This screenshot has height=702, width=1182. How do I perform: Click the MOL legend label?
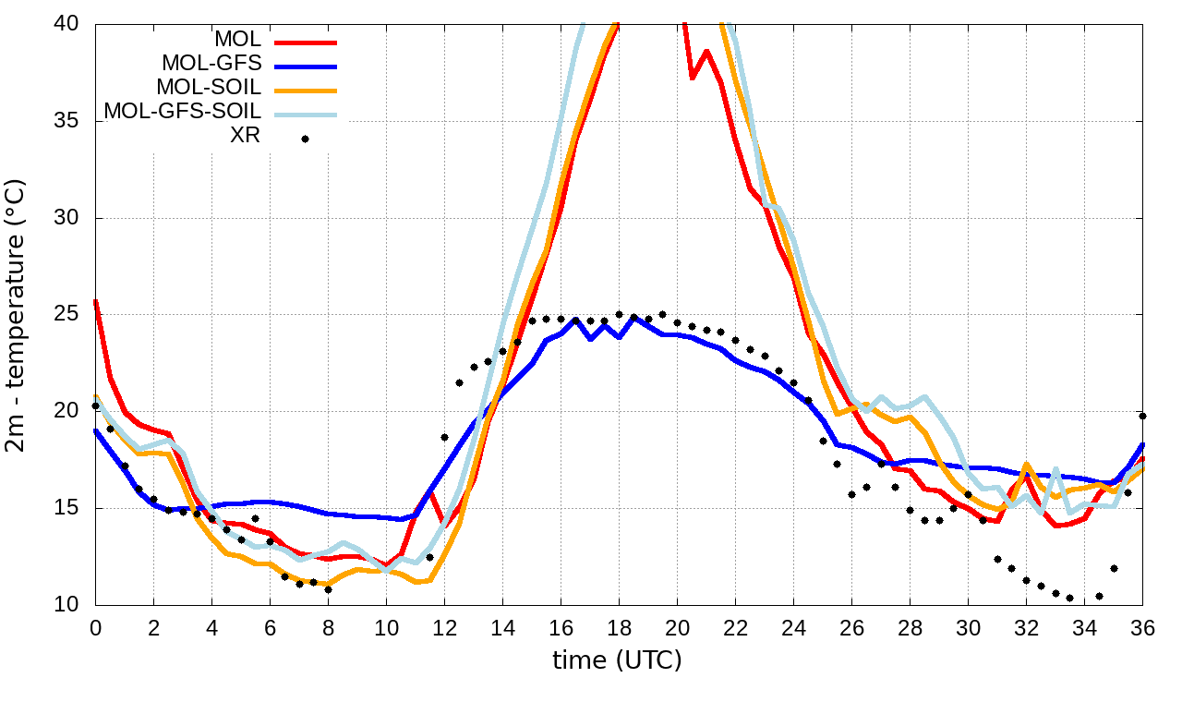[238, 40]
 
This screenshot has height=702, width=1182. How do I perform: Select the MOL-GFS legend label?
[211, 64]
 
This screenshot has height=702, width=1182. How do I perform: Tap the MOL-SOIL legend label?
[209, 88]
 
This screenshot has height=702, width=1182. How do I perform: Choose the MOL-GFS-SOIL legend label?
[183, 112]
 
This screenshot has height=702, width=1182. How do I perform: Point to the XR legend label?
[245, 136]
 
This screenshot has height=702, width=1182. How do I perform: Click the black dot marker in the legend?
[305, 139]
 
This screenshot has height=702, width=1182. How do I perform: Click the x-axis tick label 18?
[619, 628]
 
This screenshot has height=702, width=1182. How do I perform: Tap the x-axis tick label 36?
[1142, 628]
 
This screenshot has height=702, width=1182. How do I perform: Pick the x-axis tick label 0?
[95, 628]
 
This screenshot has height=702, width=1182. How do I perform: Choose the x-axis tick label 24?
[793, 628]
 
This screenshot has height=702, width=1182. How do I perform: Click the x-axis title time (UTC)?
[618, 660]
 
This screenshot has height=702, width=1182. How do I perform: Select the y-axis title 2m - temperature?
[17, 314]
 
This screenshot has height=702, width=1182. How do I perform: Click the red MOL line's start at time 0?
[96, 301]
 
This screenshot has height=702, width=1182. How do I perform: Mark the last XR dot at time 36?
[1142, 416]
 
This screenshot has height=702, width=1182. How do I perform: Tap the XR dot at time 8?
[328, 589]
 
